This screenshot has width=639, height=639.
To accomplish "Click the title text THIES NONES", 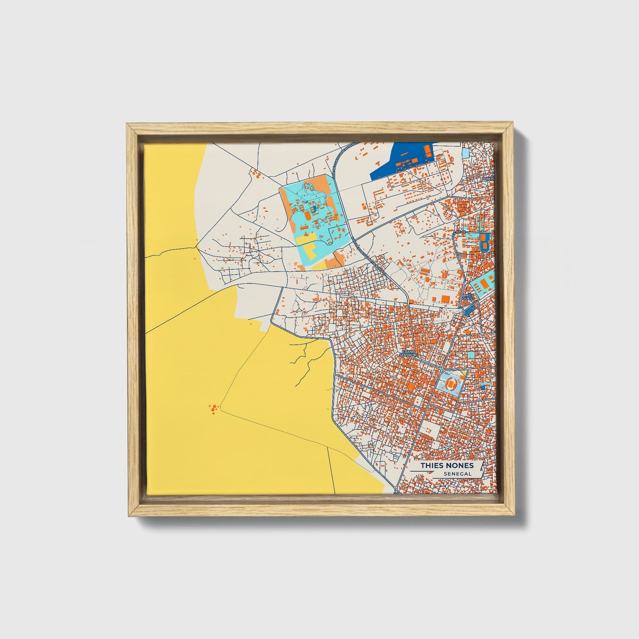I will pos(447,466).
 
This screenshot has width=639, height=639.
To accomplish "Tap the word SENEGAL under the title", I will pos(457,474).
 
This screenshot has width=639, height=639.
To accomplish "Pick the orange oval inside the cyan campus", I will pos(302,206).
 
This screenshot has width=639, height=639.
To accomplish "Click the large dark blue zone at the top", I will pos(398,161).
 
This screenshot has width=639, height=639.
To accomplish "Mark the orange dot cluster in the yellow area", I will pos(214,408).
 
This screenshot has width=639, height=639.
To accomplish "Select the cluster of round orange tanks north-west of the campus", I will pos(255,174).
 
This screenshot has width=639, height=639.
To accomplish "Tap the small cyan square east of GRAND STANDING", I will pos(471,355).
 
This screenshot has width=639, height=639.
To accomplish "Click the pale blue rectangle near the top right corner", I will pos(466,154).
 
